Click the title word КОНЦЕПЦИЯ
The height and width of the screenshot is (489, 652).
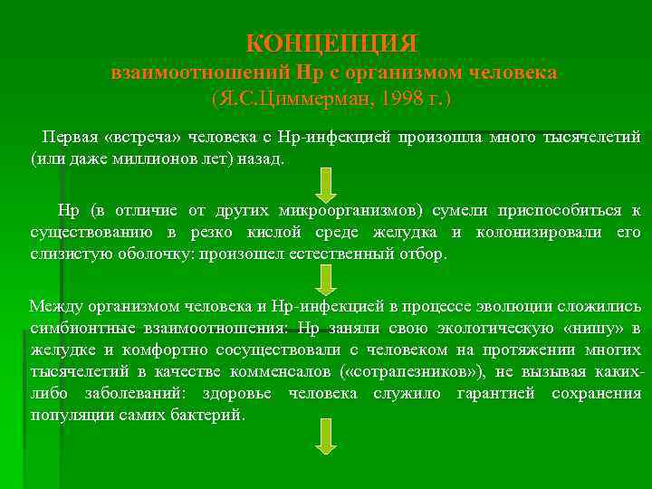[332, 43]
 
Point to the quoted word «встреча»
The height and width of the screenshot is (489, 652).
[143, 138]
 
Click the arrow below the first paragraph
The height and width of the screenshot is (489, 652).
[325, 184]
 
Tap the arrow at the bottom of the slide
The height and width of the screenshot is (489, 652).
[325, 436]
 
